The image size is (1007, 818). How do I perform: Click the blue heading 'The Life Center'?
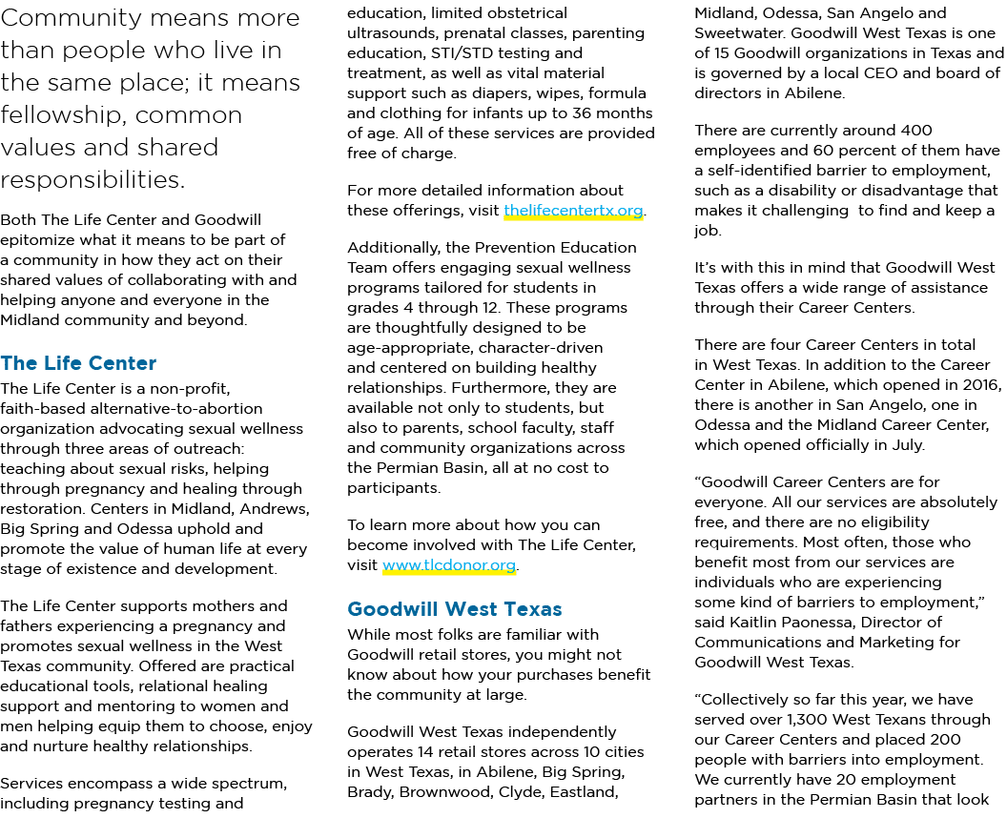pyautogui.click(x=78, y=363)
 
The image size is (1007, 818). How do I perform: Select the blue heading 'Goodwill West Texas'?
pyautogui.click(x=455, y=609)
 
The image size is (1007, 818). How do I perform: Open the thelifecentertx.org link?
pyautogui.click(x=573, y=211)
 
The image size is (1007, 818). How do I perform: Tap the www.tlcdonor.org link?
pyautogui.click(x=449, y=565)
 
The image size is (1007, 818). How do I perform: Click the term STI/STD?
pyautogui.click(x=475, y=53)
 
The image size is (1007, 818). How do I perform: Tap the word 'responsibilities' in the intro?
pyautogui.click(x=92, y=180)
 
